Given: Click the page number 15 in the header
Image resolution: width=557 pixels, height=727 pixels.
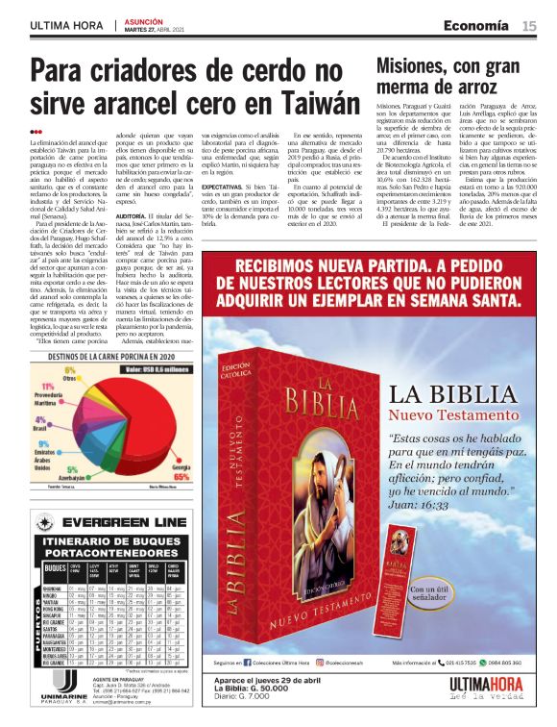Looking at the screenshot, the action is pos(529,26).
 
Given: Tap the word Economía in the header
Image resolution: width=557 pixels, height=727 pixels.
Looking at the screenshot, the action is pos(476,26).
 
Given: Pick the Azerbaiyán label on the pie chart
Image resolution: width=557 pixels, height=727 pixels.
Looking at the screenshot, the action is pos(74,476).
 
